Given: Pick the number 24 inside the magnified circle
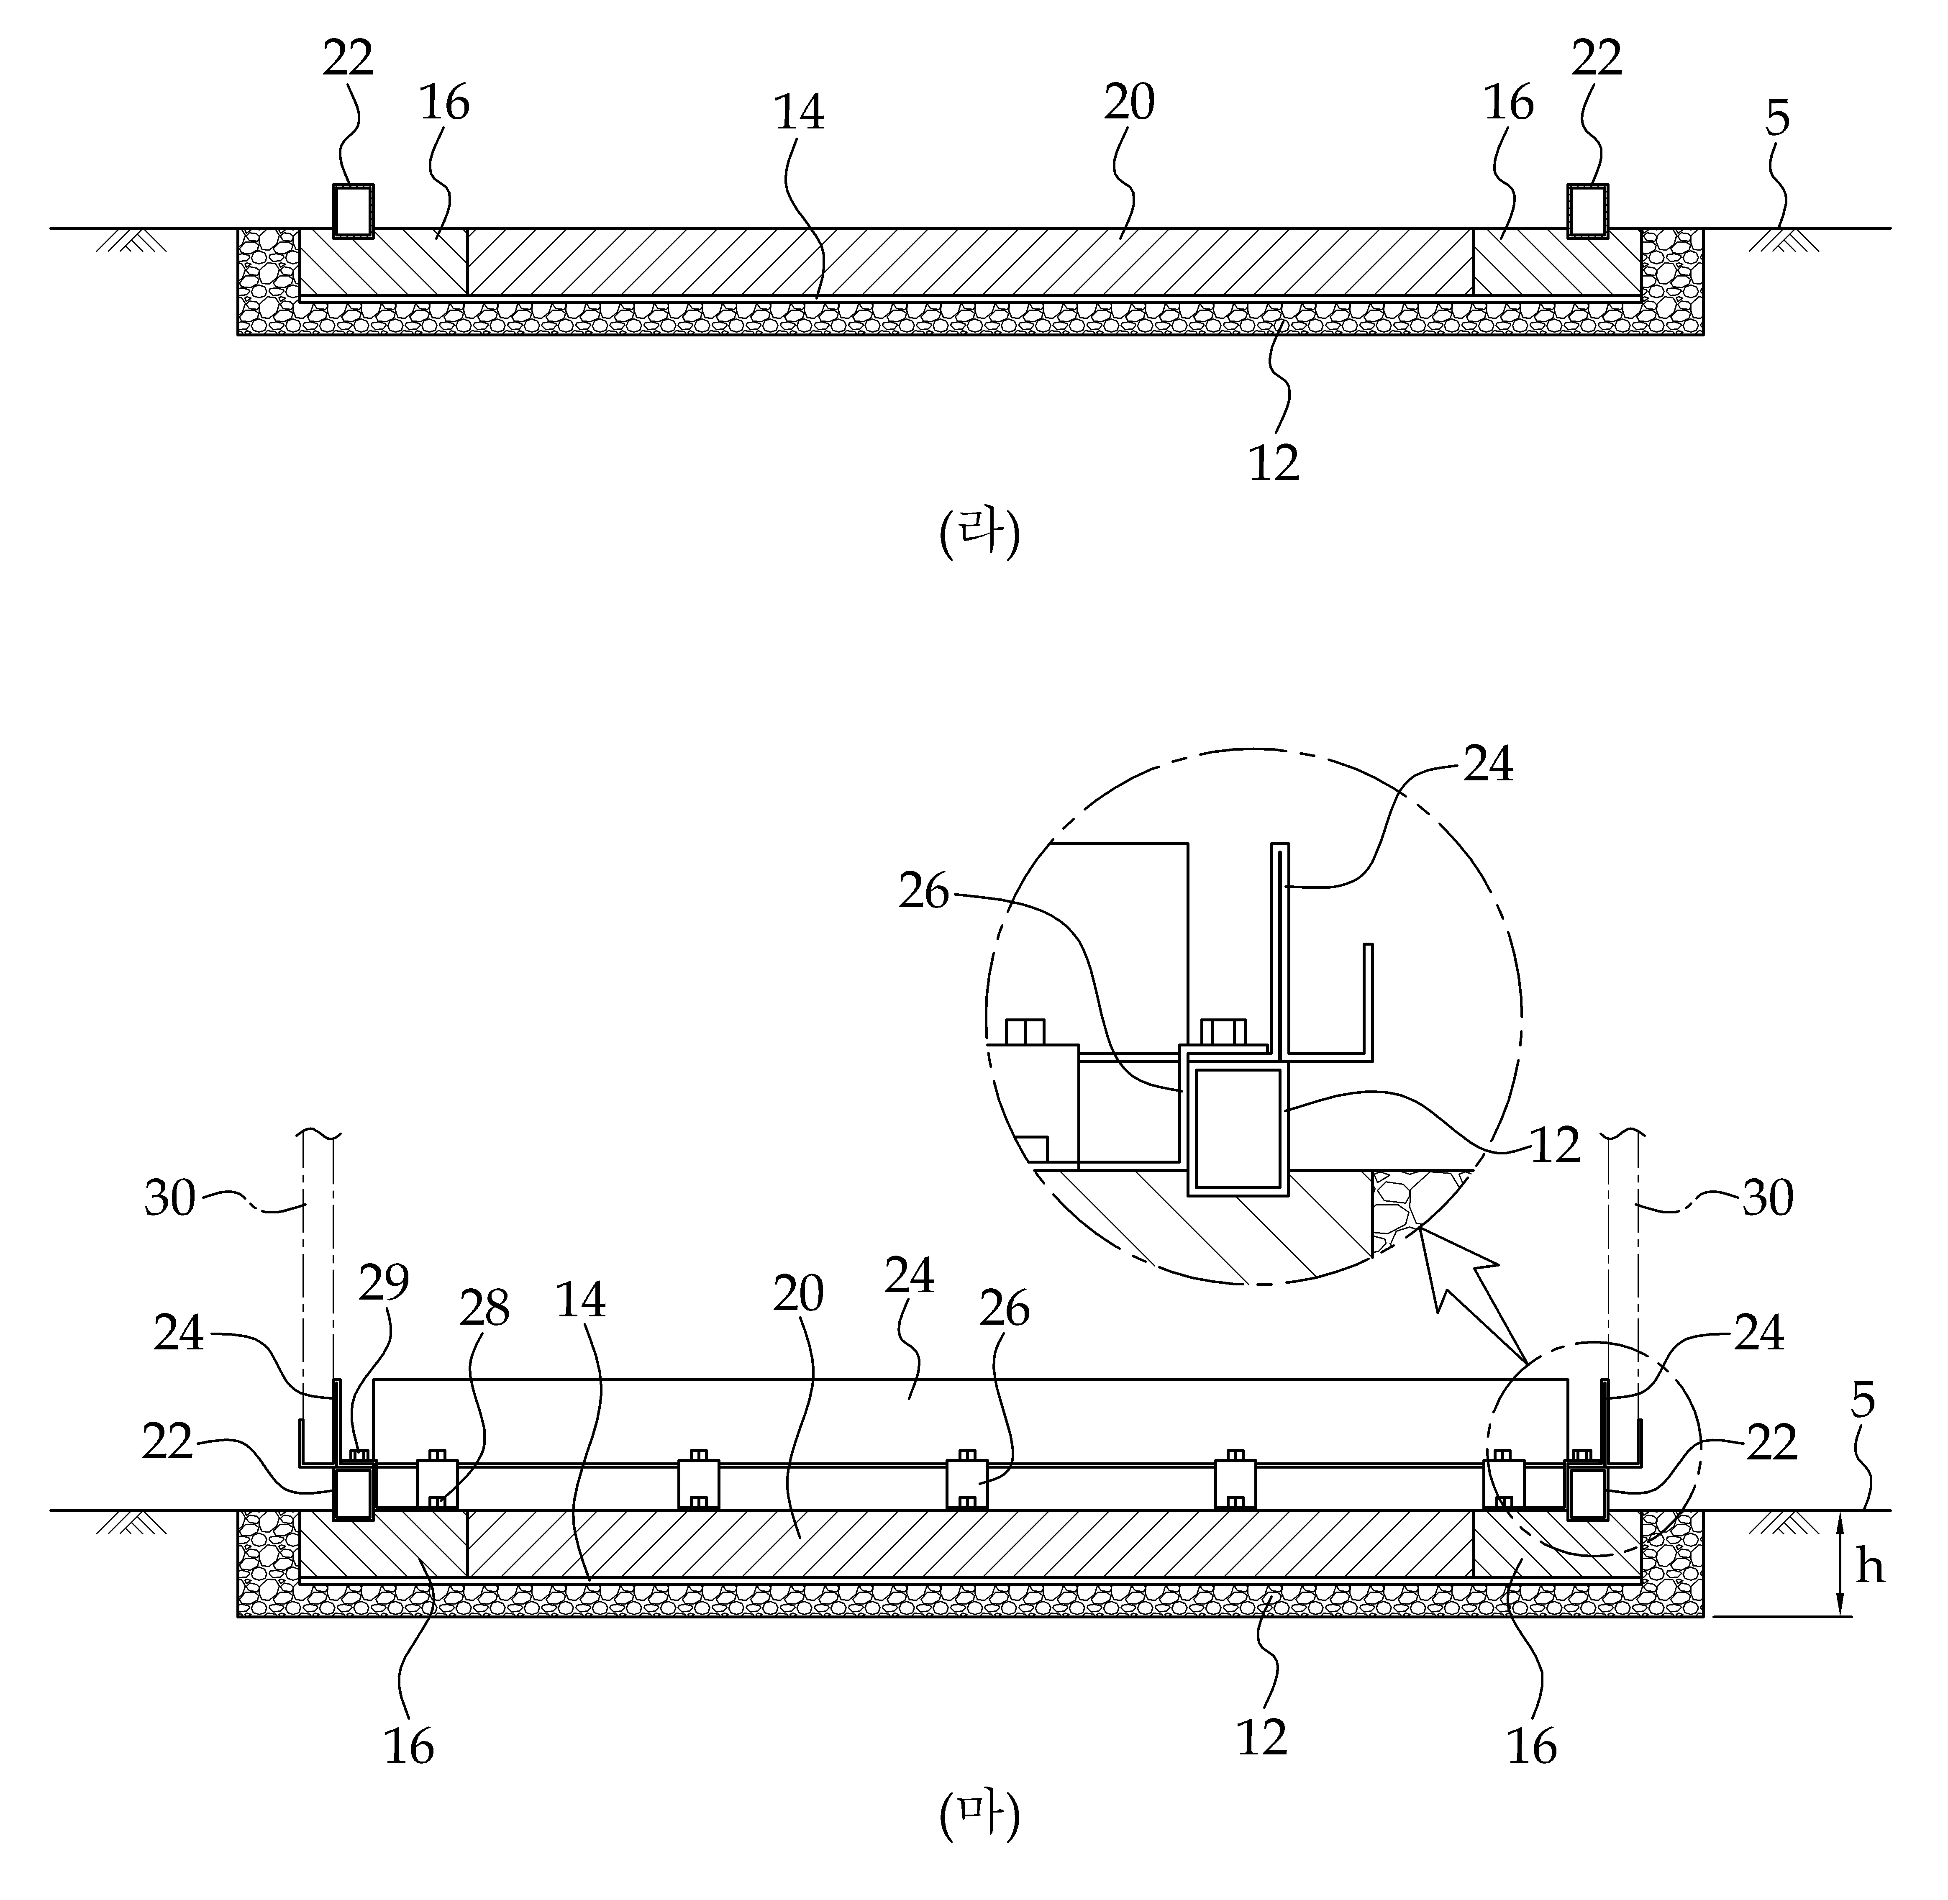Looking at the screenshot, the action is click(x=1488, y=764).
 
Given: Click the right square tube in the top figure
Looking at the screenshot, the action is click(x=1588, y=210).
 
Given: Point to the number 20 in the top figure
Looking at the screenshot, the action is click(x=1129, y=103).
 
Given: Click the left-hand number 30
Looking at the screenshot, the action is click(x=169, y=1197).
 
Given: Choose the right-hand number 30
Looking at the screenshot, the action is click(x=1767, y=1197).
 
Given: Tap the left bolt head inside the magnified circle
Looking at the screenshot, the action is click(x=1025, y=1032).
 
